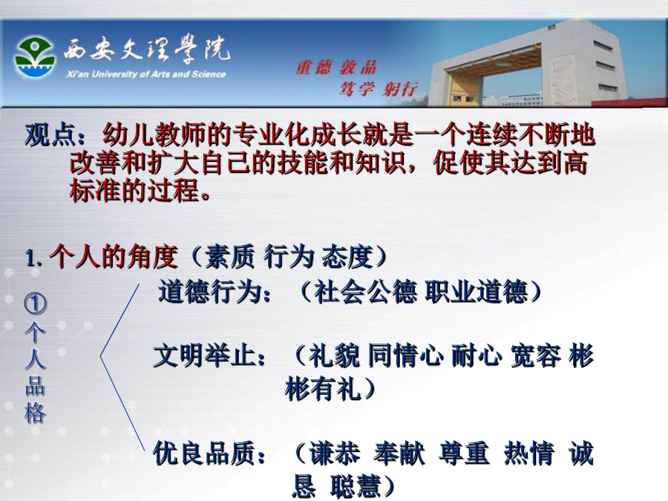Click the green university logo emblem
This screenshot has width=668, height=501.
[34, 57]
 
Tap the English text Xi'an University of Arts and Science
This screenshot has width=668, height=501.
[145, 74]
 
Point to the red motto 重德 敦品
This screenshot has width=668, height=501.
[336, 68]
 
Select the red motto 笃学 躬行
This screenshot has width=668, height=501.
[378, 89]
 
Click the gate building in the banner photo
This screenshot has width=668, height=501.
[528, 64]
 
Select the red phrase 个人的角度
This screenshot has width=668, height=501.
[113, 257]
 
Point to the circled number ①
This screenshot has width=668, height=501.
[35, 303]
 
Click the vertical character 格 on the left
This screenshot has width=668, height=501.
[35, 413]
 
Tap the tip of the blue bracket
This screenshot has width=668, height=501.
[100, 356]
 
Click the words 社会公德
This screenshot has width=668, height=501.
[365, 292]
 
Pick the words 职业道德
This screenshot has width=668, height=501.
[477, 292]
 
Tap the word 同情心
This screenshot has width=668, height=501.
[405, 356]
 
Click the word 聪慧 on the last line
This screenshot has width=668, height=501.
[356, 486]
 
